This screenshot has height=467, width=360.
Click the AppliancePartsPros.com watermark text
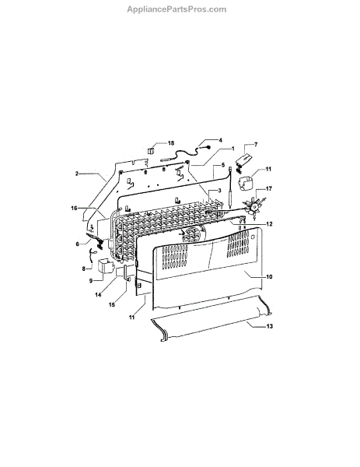177,9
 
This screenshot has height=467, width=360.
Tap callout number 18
171,143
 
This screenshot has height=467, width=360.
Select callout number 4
220,140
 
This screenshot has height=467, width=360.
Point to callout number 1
233,149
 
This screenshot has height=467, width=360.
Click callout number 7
256,145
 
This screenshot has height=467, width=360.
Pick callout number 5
223,165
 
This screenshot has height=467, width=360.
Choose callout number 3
219,191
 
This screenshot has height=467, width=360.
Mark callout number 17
269,188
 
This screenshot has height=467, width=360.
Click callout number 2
77,174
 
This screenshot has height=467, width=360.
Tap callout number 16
74,208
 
